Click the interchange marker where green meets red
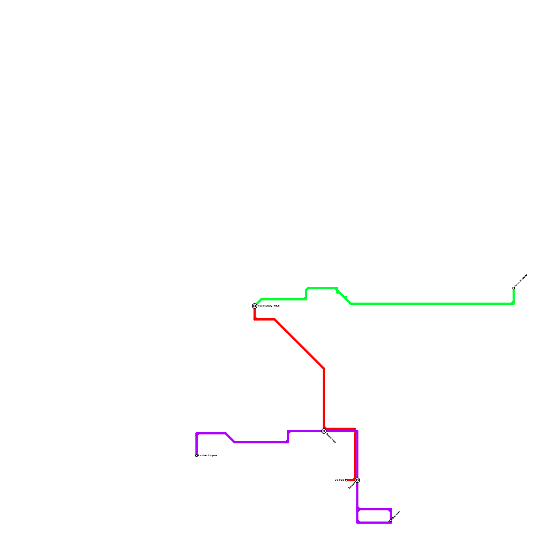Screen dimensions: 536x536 [x=255, y=306]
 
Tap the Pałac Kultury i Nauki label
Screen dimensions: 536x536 [x=269, y=306]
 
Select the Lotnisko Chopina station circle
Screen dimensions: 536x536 [x=197, y=456]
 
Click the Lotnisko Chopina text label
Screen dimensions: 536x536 [x=208, y=456]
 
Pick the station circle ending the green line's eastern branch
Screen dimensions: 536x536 [x=514, y=288]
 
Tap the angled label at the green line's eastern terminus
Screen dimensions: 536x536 [x=521, y=281]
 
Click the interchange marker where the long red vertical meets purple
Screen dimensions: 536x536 [x=324, y=431]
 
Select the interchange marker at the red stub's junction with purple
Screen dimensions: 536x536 [x=357, y=480]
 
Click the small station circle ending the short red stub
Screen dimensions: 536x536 [x=346, y=480]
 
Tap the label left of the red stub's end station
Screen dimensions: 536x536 [x=339, y=480]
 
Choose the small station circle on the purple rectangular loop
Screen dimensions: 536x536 [x=391, y=520]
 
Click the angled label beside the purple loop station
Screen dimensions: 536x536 [x=396, y=515]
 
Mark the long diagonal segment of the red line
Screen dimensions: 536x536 [x=299, y=344]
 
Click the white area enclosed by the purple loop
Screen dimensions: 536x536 [x=374, y=516]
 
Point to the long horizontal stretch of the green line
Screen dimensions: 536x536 [x=432, y=304]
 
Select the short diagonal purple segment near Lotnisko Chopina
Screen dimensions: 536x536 [x=230, y=438]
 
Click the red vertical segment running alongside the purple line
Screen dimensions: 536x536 [x=355, y=456]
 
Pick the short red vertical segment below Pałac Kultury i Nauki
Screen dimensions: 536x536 [x=255, y=314]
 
